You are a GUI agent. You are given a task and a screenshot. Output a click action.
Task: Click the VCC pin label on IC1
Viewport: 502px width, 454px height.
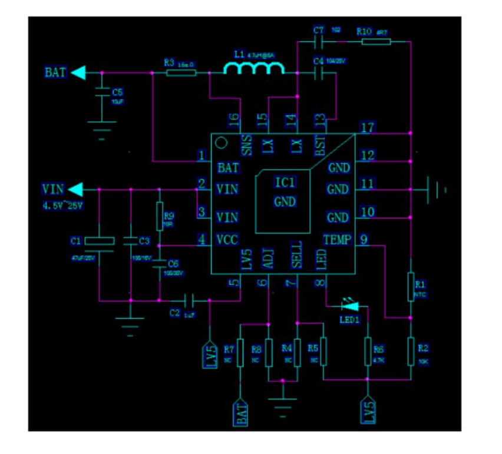pos(227,240)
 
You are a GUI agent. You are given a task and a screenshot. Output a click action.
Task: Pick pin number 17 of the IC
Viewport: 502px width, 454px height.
pos(368,127)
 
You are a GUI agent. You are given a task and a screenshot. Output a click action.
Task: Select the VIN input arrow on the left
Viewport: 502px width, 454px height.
pos(75,190)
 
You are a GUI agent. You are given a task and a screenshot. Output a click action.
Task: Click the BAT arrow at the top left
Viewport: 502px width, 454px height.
pos(78,72)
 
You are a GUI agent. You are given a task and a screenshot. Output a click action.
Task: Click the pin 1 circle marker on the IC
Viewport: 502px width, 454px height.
pos(221,143)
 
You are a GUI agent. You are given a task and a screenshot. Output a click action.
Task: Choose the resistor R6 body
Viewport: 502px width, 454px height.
pos(368,352)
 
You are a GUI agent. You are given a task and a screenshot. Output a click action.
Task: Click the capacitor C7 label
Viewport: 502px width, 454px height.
pos(319,30)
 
